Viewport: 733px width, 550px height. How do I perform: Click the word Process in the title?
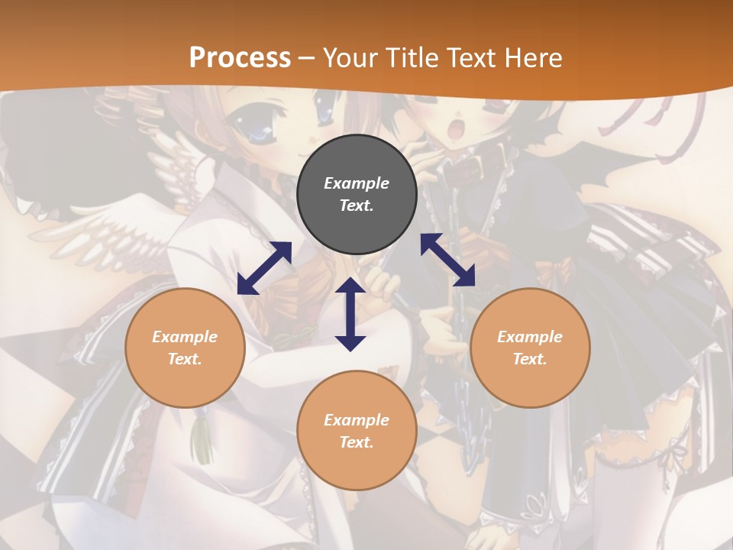point(240,58)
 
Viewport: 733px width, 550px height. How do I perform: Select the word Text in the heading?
point(473,58)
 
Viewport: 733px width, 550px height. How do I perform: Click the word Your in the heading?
point(350,58)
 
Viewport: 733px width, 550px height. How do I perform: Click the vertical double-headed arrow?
point(350,315)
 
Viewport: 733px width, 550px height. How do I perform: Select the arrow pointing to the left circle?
point(264,268)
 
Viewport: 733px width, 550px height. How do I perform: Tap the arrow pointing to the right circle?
point(447,260)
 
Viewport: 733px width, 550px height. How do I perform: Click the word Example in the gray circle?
point(357,183)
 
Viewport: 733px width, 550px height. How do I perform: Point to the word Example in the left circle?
point(185,337)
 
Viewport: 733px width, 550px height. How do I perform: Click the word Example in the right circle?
point(530,337)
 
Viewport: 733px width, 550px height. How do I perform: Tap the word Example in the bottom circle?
point(357,420)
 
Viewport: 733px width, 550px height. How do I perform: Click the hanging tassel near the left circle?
point(202,443)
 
